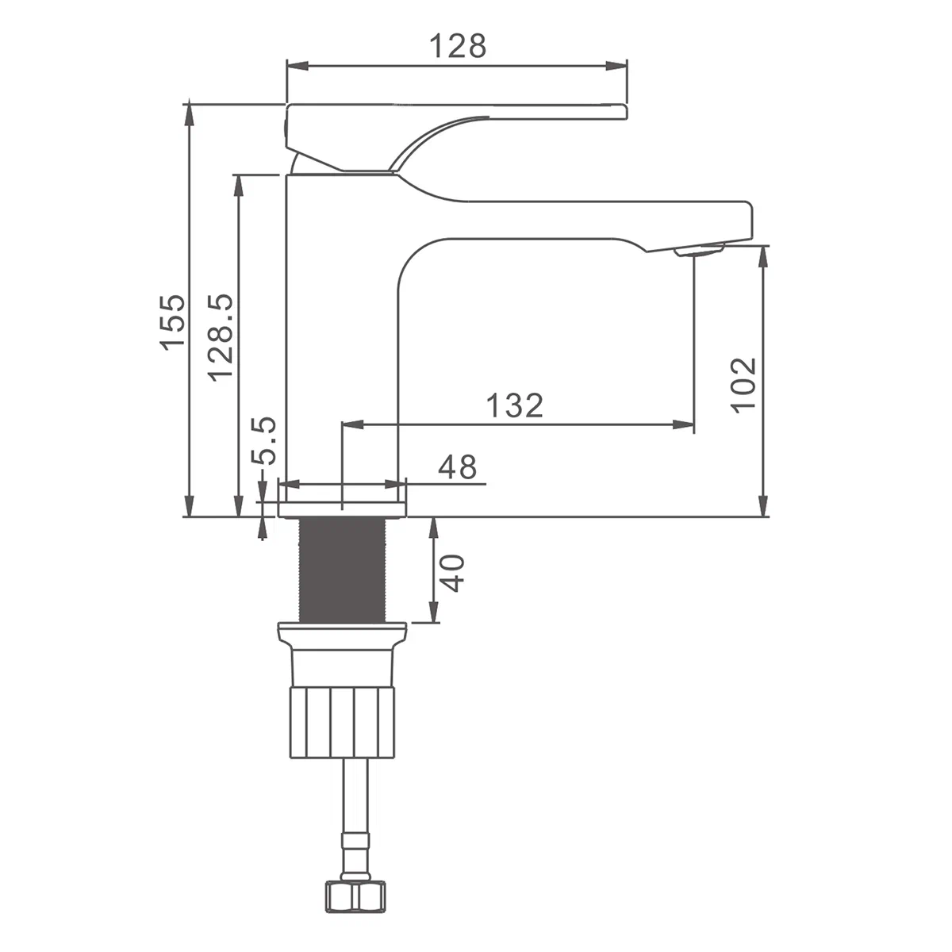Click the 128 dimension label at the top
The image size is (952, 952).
point(458,46)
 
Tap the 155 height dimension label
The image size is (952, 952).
point(173,322)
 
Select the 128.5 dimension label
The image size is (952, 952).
point(220,337)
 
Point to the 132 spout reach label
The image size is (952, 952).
point(514,405)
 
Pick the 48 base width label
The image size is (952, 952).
point(458,466)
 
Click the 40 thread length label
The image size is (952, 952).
point(452,573)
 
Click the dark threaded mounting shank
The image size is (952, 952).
point(343,570)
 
